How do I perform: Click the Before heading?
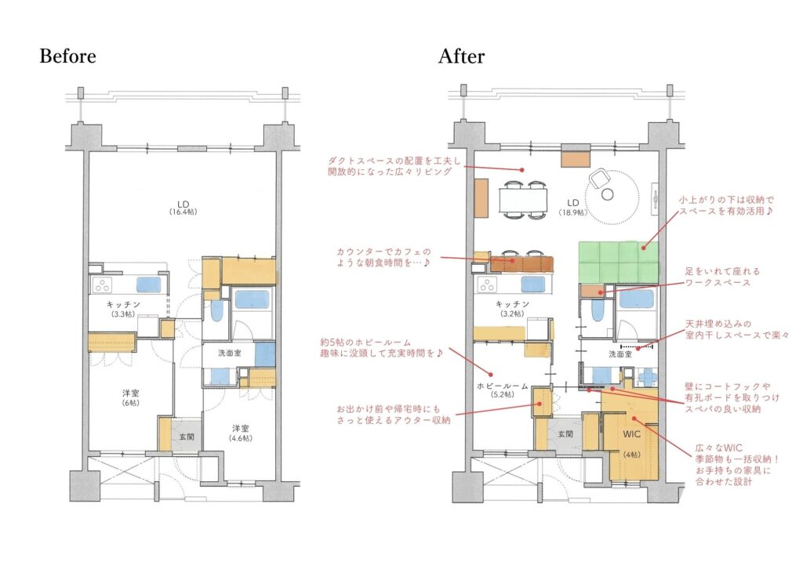[x=67, y=56]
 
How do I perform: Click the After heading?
[x=461, y=56]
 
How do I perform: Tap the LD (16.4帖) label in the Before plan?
[x=183, y=207]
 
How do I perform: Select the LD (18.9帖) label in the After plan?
[x=572, y=207]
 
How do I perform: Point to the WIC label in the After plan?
[x=631, y=434]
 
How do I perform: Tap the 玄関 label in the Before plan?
[x=187, y=437]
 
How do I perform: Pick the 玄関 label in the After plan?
[x=565, y=434]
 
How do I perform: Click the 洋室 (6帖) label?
[x=131, y=397]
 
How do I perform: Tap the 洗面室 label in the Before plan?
[x=230, y=353]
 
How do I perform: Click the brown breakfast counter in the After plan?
[x=521, y=263]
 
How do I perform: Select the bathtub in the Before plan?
[x=252, y=300]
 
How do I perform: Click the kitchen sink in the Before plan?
[x=148, y=285]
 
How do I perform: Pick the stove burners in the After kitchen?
[x=487, y=284]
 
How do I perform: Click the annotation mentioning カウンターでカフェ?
[x=383, y=257]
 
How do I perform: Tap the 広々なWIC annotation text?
[x=736, y=465]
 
